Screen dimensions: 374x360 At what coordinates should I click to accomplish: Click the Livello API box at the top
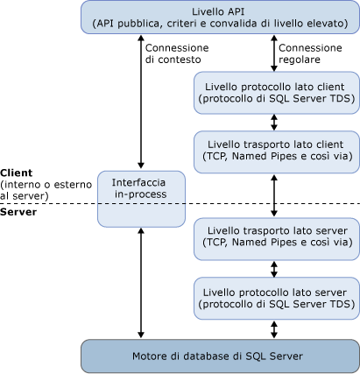coord(218,17)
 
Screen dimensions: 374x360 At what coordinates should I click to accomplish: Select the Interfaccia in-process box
coord(141,196)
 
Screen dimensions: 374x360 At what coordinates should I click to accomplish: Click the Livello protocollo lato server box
coord(275,298)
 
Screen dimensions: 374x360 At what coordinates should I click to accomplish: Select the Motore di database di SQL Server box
coord(218,356)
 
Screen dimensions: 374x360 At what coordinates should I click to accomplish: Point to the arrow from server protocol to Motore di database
coord(275,328)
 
